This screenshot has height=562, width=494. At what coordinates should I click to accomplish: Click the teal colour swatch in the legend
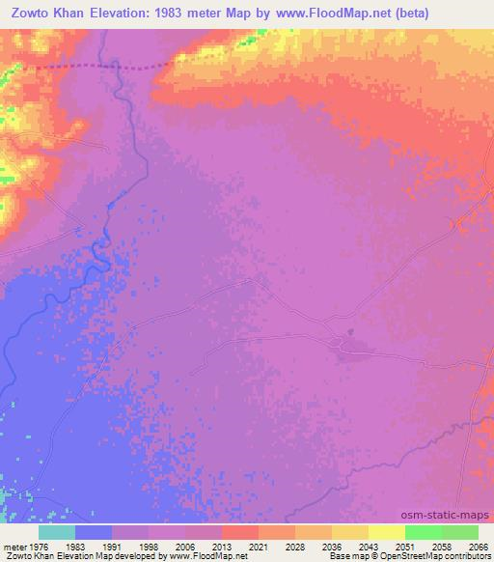[x=57, y=532]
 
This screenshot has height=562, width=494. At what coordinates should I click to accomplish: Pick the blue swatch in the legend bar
[x=94, y=532]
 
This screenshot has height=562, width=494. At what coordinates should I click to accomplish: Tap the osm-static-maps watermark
[x=453, y=514]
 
